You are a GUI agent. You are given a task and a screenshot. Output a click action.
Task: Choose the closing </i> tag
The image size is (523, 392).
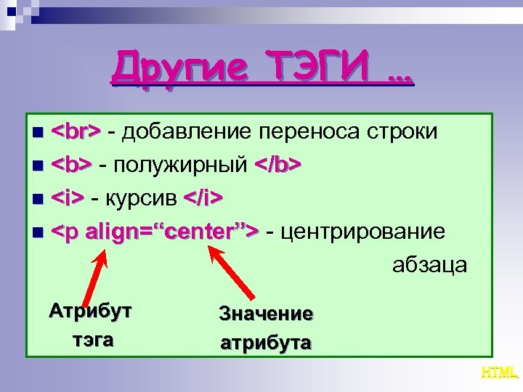[203, 198]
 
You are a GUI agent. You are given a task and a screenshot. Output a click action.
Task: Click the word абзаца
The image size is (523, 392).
[429, 265]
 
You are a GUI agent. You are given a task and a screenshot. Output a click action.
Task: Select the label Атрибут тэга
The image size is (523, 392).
[92, 325]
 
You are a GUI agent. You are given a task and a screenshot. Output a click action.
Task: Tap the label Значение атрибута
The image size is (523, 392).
[266, 327]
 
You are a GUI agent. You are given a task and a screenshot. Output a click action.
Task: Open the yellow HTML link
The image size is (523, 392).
[499, 373]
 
